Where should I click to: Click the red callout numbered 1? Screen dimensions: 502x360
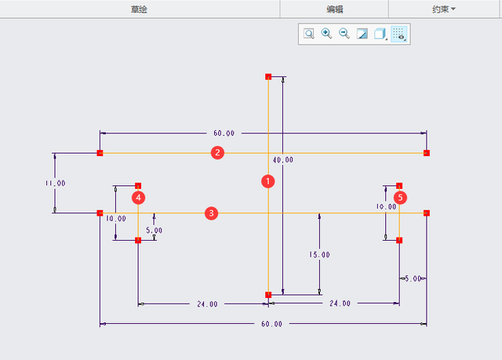[x=268, y=181]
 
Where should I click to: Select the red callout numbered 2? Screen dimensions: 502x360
[x=217, y=153]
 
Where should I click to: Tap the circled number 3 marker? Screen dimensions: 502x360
[x=211, y=213]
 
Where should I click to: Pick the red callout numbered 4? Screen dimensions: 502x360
[x=138, y=198]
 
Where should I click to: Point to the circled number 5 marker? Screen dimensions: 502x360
[x=400, y=198]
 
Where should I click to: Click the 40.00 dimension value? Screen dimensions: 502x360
[x=283, y=160]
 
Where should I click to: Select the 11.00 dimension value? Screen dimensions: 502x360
[x=56, y=184]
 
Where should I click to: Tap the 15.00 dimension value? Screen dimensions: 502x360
[x=319, y=255]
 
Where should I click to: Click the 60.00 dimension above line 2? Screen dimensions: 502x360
[x=224, y=133]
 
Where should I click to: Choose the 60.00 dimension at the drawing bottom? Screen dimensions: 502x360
[x=272, y=324]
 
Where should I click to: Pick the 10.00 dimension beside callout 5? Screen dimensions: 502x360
[x=386, y=207]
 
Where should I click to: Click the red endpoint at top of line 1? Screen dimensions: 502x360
[x=268, y=77]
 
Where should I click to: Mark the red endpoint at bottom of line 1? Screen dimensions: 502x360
[x=268, y=295]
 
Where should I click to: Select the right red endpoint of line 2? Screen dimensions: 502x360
[x=427, y=153]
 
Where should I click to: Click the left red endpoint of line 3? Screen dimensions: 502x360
[x=100, y=213]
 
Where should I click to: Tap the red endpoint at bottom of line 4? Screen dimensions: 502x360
[x=138, y=240]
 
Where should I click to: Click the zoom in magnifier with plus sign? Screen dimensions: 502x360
[x=326, y=34]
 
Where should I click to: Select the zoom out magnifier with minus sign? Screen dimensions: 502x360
[x=344, y=34]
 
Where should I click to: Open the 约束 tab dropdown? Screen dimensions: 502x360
[x=443, y=9]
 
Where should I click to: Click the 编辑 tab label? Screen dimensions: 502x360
[x=335, y=9]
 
